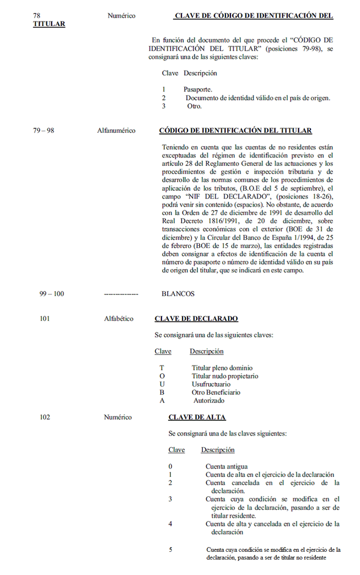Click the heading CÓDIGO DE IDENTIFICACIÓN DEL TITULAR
click(x=235, y=131)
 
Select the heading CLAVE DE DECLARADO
click(x=196, y=319)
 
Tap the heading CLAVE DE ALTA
click(x=197, y=417)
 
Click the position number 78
click(x=37, y=16)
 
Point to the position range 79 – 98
click(x=44, y=131)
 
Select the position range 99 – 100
click(x=51, y=294)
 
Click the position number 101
click(x=45, y=319)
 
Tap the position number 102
click(x=45, y=417)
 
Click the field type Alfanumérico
click(x=116, y=131)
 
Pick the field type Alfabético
click(x=119, y=319)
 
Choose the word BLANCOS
click(x=178, y=294)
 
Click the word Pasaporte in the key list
click(x=198, y=89)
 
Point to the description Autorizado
click(x=209, y=401)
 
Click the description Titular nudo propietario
click(x=225, y=376)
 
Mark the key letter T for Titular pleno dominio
click(x=162, y=368)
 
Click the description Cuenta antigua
click(x=227, y=466)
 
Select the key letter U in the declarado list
click(x=162, y=384)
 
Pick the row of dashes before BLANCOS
click(x=121, y=294)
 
